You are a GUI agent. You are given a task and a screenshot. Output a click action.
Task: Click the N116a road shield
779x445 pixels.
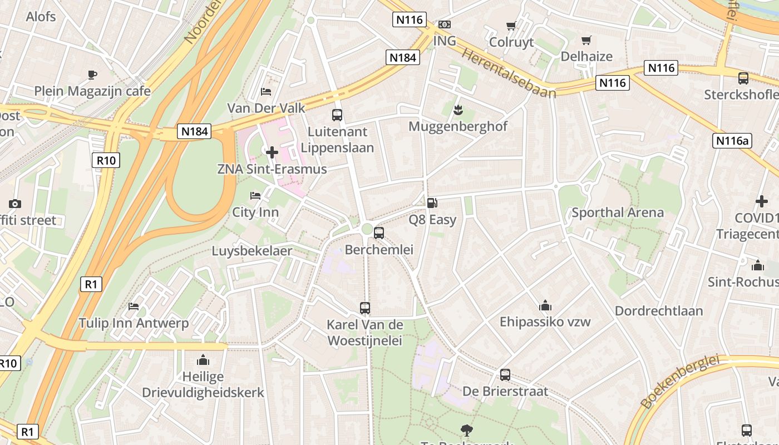point(732,141)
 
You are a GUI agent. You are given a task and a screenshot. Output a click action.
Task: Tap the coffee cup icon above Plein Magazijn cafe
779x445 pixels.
point(92,75)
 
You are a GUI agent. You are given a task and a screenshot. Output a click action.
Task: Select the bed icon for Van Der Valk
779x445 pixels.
point(266,91)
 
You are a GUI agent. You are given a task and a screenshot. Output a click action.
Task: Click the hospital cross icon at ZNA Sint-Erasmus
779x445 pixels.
point(272,152)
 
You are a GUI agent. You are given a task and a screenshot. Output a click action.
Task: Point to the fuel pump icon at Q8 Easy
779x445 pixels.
point(432,203)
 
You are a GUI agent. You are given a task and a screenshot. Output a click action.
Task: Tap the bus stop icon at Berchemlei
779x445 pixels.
point(379,233)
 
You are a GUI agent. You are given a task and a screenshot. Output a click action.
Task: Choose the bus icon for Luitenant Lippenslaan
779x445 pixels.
point(337,115)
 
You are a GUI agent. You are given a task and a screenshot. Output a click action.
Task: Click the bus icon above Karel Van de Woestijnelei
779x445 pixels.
point(365,308)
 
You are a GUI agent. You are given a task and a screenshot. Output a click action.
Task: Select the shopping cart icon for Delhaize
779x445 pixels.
point(586,40)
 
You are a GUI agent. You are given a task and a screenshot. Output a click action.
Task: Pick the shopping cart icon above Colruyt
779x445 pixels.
point(511,26)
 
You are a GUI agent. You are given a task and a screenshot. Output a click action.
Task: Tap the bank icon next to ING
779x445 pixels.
point(444,24)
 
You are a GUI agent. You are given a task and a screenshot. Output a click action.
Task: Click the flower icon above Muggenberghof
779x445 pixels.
point(458,110)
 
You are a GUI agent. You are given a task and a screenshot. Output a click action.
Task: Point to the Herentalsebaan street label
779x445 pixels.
point(509,72)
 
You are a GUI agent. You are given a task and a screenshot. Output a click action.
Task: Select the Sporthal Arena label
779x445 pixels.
point(618,212)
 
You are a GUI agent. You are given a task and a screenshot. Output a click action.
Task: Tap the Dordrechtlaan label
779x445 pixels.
point(659,311)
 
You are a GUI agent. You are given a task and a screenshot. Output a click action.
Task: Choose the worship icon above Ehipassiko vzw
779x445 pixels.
point(545,305)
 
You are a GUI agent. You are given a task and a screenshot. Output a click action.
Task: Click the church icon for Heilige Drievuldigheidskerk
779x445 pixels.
point(203,360)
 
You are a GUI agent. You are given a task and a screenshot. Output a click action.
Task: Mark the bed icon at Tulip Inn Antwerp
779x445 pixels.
point(134,306)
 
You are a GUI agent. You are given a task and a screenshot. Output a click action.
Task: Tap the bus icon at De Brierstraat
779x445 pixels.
point(505,375)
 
